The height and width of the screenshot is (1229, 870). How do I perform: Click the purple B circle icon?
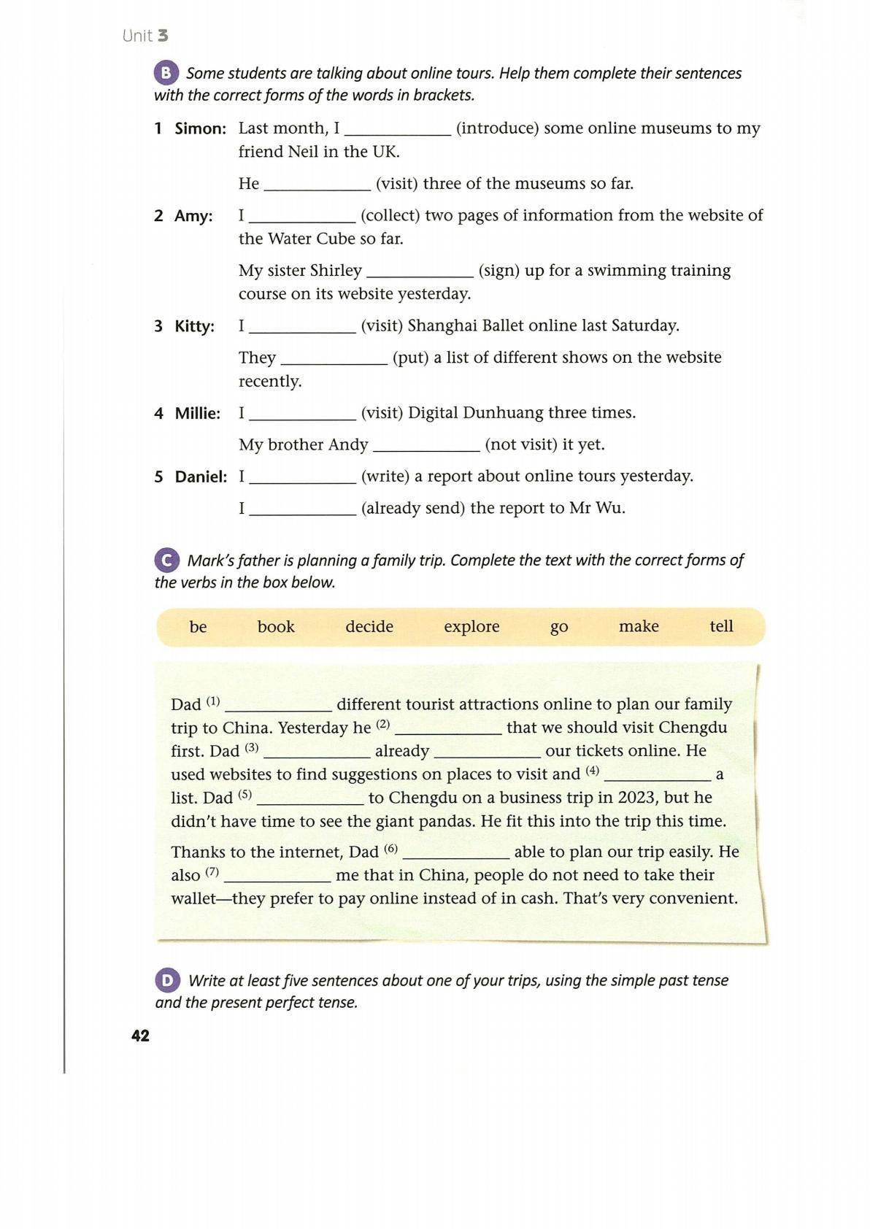pos(166,73)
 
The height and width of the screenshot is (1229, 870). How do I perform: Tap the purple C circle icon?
pos(166,560)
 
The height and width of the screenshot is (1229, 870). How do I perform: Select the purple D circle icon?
pos(167,980)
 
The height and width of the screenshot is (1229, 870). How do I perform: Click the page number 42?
pos(140,1036)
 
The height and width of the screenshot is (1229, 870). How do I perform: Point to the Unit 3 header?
pos(145,36)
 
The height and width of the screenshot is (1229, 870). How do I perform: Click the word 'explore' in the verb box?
pos(471,626)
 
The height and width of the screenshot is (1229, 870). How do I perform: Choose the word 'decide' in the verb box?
pos(369,626)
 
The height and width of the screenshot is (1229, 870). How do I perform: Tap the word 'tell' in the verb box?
pos(721,626)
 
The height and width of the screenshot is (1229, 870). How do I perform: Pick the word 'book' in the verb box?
pos(276,626)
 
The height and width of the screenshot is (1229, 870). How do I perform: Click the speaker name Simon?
pos(201,129)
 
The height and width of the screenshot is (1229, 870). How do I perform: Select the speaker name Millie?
pos(197,414)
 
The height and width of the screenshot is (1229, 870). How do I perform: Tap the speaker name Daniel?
pos(201,477)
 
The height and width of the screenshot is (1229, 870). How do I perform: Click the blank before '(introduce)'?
pos(398,130)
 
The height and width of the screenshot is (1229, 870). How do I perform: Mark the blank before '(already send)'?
pos(302,509)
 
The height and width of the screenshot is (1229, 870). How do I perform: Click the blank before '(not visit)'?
pos(426,446)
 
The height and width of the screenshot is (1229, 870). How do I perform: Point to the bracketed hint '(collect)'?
pos(389,215)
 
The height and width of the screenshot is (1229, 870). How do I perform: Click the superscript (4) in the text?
pos(592,770)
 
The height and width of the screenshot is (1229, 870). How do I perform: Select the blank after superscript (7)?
pos(277,877)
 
